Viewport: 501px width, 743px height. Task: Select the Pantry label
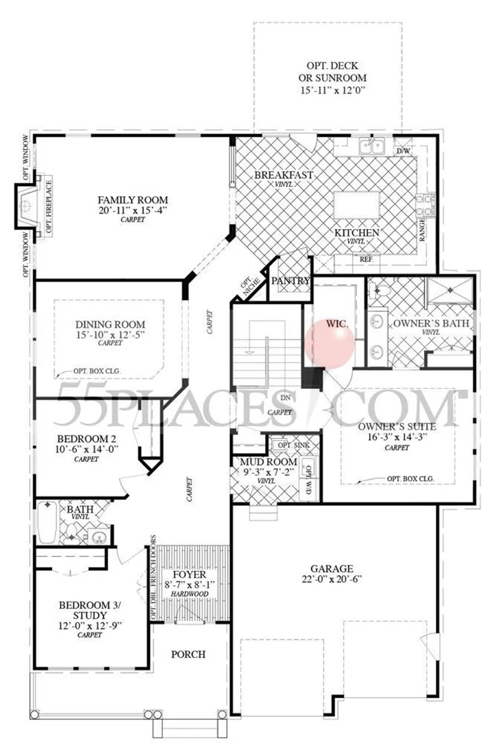click(x=291, y=281)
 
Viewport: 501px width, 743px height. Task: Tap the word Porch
click(x=188, y=654)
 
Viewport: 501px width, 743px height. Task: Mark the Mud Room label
click(x=261, y=462)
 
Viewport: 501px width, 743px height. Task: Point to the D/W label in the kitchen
click(x=403, y=152)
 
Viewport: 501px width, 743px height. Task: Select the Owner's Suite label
click(x=397, y=426)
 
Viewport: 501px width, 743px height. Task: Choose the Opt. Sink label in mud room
click(x=291, y=446)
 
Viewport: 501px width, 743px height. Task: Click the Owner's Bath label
click(x=431, y=323)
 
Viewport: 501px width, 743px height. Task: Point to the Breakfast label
click(x=284, y=174)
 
